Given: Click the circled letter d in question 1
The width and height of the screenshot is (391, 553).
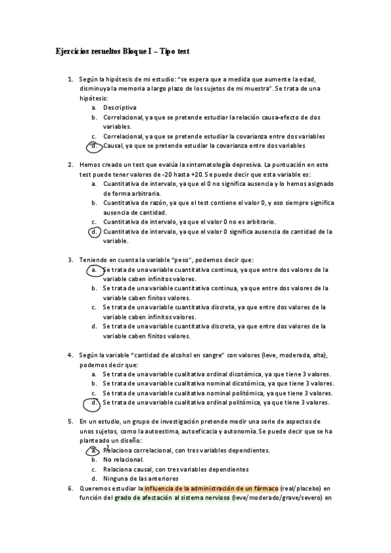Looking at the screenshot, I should point(95,145).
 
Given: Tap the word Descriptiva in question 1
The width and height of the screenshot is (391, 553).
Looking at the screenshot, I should point(119,108).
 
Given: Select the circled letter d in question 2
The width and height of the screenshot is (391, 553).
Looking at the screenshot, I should point(95,231).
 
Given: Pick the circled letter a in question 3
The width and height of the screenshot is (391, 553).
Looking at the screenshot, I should point(95,269).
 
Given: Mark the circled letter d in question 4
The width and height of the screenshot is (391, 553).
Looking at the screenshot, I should point(95,402).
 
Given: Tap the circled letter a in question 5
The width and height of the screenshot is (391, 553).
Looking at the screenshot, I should point(95,450).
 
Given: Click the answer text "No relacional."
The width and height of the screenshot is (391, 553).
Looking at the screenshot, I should point(124,460).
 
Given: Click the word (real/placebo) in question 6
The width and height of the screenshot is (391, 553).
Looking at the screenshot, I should point(302,488).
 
